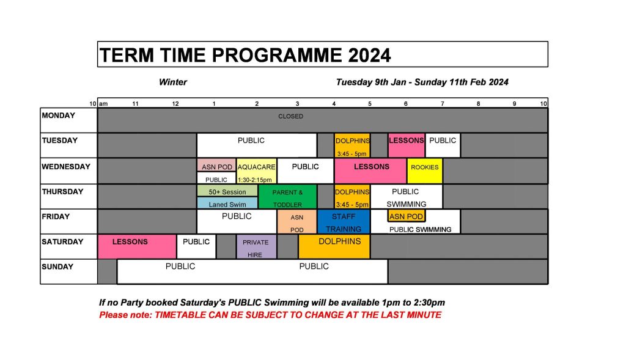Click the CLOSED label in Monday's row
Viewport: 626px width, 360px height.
point(290,116)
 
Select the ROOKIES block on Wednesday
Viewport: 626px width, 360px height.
point(425,171)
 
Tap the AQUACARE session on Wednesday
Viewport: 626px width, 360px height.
point(256,171)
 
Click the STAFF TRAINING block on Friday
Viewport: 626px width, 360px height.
point(344,221)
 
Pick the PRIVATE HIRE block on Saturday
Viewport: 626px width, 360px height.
point(256,247)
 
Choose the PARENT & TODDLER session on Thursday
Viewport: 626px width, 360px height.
point(287,196)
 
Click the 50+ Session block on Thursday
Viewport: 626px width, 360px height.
point(227,190)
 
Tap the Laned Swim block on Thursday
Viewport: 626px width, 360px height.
point(227,203)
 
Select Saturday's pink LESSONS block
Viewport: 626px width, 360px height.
point(137,247)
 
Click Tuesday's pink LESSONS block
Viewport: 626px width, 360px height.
point(407,145)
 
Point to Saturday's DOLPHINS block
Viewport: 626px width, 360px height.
point(334,247)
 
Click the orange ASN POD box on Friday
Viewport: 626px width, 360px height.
point(406,216)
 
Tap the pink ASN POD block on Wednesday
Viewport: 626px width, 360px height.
point(216,165)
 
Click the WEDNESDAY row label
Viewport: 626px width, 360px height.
point(66,167)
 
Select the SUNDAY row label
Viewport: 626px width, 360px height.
point(57,266)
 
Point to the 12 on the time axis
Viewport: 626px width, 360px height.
point(175,104)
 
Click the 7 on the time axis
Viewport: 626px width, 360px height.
point(443,104)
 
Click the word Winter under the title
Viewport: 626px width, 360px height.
point(173,83)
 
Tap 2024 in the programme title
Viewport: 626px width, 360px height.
point(369,55)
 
